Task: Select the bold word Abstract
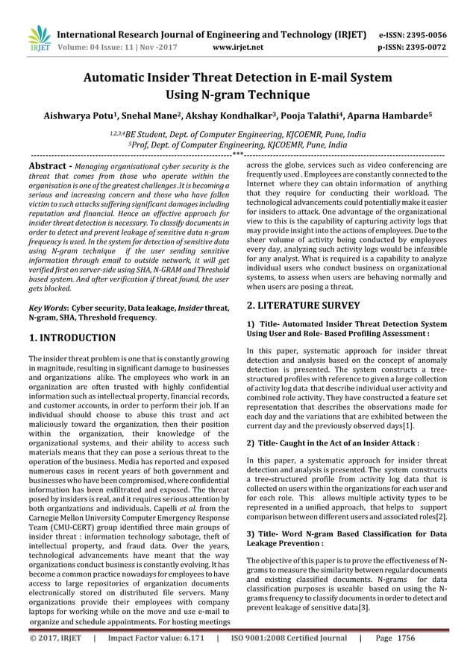tap(48, 166)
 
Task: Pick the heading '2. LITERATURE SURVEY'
tap(304, 305)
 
